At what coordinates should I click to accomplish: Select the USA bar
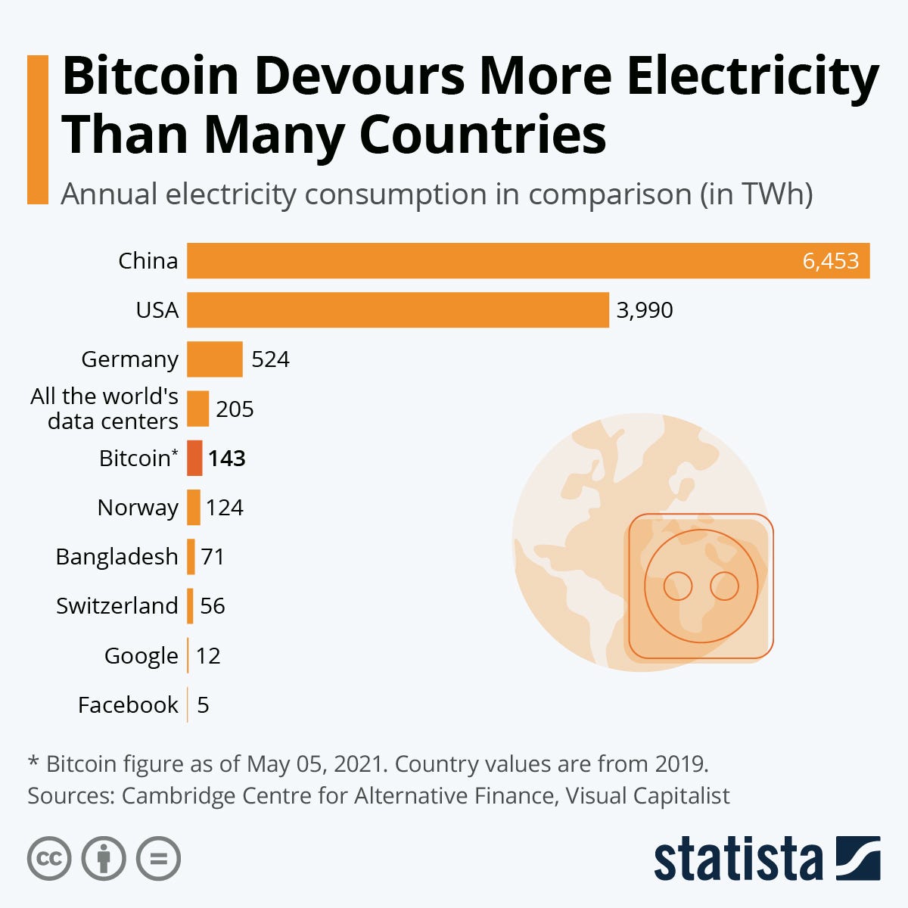(398, 309)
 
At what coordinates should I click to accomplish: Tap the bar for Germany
(215, 359)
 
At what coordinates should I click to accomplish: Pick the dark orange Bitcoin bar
(195, 458)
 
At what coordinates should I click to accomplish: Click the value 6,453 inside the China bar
(830, 261)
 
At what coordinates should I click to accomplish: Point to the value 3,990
(645, 310)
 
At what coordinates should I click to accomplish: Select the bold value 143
(227, 459)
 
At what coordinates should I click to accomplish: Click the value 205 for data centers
(235, 409)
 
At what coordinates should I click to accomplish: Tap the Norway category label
(138, 508)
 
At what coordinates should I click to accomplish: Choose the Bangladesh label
(117, 557)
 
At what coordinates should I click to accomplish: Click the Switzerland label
(117, 606)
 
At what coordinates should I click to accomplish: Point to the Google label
(141, 656)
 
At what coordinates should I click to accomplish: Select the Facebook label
(128, 705)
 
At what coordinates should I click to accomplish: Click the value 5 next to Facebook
(203, 705)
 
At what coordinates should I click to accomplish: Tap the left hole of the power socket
(678, 586)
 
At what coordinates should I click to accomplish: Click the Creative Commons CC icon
(49, 859)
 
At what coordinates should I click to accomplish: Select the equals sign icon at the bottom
(159, 859)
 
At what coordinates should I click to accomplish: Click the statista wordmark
(738, 859)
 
